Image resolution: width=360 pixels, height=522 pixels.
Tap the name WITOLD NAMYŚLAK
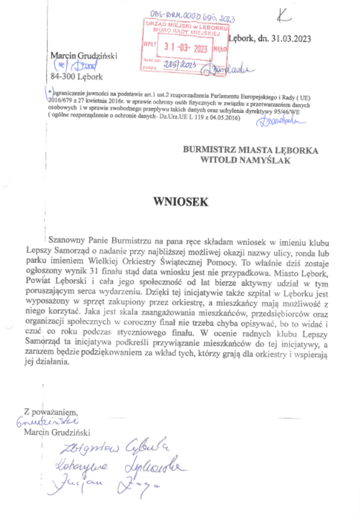[245, 161]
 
